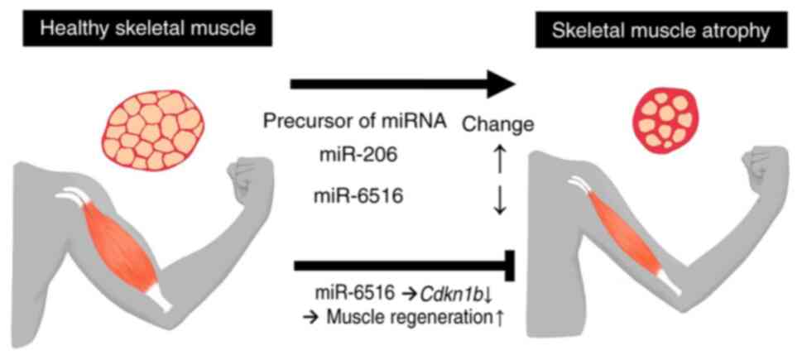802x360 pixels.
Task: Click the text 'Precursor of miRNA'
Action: click(x=356, y=122)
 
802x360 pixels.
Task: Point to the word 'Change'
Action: click(x=497, y=126)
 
